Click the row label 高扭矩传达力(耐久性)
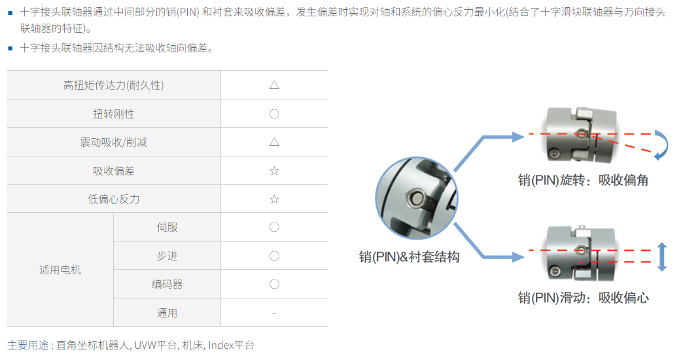click(x=114, y=86)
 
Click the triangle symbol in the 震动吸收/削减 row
click(x=274, y=141)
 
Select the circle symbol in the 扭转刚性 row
click(x=274, y=114)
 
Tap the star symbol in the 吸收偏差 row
click(x=274, y=170)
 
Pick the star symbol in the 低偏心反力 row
click(x=274, y=199)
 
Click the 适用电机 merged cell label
click(x=60, y=270)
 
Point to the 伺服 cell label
click(x=167, y=227)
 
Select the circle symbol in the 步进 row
click(x=274, y=256)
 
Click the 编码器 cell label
click(x=167, y=284)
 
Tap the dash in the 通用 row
click(x=274, y=314)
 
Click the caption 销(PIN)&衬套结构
click(x=409, y=257)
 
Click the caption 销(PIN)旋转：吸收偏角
click(x=583, y=180)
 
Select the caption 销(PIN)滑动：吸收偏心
click(x=583, y=298)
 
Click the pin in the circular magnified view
click(x=417, y=198)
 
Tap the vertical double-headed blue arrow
click(x=661, y=257)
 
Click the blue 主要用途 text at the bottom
click(x=28, y=345)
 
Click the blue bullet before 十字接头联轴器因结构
click(x=10, y=48)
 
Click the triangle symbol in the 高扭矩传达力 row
click(x=274, y=84)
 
